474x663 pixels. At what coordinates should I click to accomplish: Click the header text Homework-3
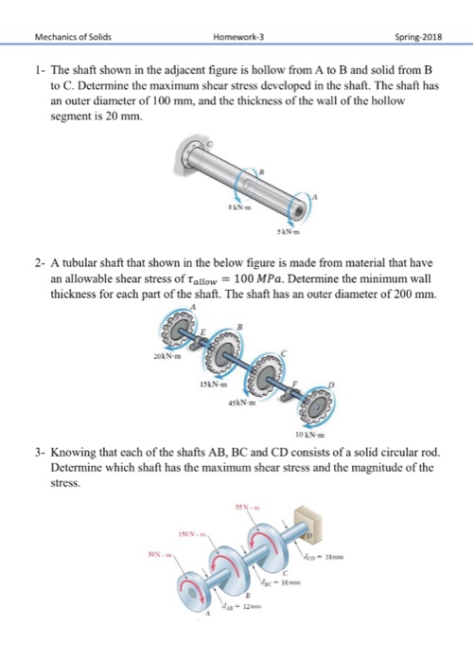click(237, 12)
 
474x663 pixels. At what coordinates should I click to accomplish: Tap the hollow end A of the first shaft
click(302, 202)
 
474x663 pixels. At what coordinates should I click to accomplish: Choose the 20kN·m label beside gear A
click(163, 358)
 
